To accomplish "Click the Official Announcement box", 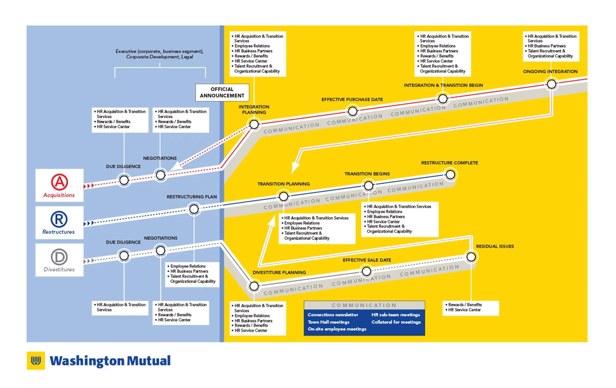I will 222,92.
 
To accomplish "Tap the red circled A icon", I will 59,182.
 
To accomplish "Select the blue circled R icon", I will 59,219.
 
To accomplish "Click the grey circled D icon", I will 59,257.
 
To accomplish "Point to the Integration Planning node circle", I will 254,124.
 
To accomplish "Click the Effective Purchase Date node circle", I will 353,111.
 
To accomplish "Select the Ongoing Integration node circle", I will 551,84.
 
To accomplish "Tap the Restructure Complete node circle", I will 450,175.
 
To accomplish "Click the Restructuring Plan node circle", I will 194,209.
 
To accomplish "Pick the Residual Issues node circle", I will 471,257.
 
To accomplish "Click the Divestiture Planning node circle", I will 254,286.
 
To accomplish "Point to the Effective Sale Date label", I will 367,260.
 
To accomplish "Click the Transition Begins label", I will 367,174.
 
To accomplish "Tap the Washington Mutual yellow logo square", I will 36,360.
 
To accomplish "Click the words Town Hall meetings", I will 328,322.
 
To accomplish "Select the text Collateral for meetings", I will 396,322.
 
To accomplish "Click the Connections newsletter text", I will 333,315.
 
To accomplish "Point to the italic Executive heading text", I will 159,54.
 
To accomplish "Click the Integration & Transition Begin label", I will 443,85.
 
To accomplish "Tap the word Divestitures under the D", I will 59,269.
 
